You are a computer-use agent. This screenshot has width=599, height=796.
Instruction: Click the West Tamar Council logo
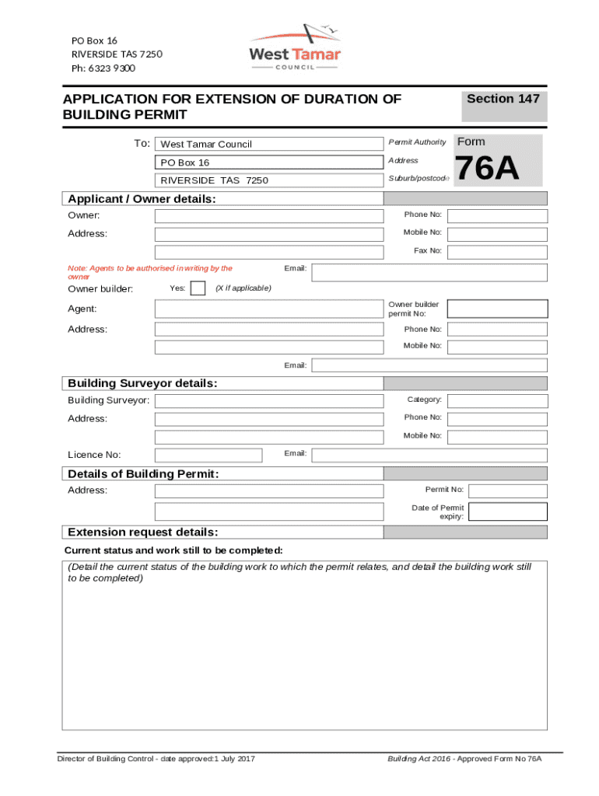point(294,47)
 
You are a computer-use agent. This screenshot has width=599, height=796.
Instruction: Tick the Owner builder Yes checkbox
point(198,288)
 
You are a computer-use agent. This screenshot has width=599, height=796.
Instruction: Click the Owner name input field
point(269,216)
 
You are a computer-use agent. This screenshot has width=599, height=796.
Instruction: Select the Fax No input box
point(497,251)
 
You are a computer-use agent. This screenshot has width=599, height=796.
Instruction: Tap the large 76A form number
point(487,169)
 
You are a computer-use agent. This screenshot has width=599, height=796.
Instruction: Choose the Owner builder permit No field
point(497,309)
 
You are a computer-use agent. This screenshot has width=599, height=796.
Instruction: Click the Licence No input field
point(208,456)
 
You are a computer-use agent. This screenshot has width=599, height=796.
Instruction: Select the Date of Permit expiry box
point(508,511)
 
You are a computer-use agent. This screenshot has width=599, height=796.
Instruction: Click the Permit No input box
point(508,491)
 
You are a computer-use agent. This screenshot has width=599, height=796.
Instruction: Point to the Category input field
point(497,401)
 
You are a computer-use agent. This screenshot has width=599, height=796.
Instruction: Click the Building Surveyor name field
point(269,401)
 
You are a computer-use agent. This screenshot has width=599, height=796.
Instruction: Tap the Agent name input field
point(269,309)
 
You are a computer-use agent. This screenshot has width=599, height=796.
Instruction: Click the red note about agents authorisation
point(150,272)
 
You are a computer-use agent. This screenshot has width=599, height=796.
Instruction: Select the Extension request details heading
point(143,532)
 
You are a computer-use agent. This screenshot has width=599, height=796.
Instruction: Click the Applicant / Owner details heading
point(142,199)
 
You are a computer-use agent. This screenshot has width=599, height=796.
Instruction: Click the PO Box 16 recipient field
point(269,162)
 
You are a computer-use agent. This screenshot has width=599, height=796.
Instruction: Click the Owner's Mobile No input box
point(497,233)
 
